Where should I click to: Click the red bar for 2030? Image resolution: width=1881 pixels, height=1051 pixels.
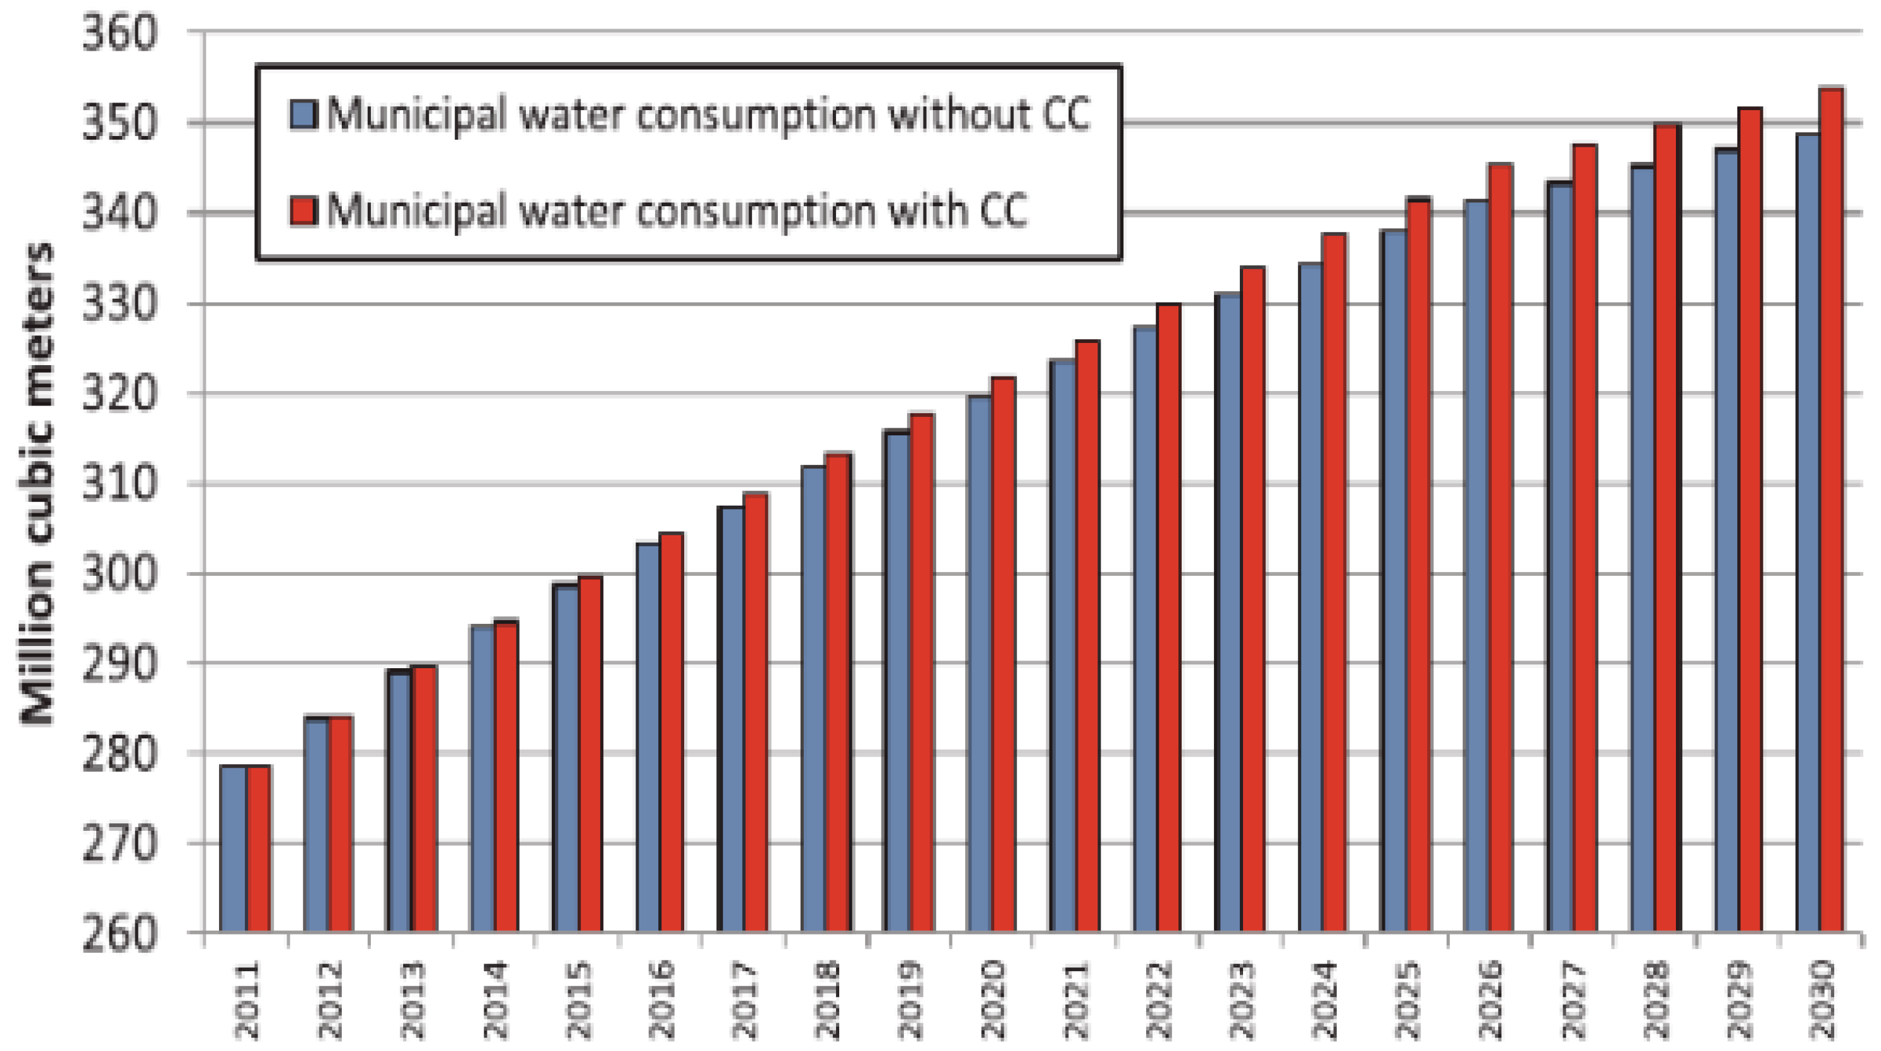(x=1830, y=511)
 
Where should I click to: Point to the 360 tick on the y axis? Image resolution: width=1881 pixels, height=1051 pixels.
(x=119, y=34)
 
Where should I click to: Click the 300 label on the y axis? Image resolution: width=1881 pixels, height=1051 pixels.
(x=119, y=575)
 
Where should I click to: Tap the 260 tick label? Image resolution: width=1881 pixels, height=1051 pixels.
(x=119, y=934)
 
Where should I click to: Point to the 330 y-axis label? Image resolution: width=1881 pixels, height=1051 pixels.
(x=119, y=304)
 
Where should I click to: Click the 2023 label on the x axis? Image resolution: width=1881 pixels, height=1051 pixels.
(x=1242, y=1000)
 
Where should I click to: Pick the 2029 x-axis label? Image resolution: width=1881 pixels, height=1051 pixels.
(x=1740, y=1000)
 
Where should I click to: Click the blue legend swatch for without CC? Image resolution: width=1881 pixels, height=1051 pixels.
(x=303, y=115)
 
